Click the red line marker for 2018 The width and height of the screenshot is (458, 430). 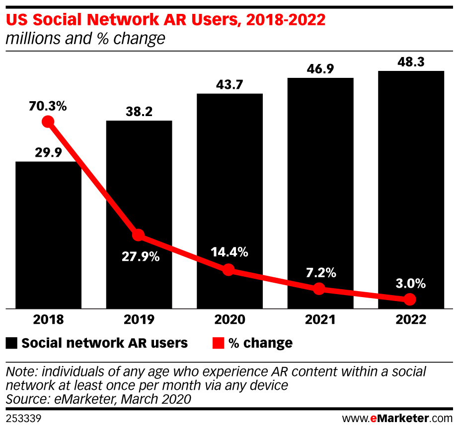[x=48, y=122]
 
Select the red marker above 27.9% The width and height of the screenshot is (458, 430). [x=138, y=235]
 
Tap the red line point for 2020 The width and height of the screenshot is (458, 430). [x=229, y=270]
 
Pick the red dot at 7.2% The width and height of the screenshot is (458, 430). [x=319, y=289]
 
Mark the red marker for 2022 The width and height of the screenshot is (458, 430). [x=409, y=299]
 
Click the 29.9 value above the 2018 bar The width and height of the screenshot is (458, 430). [x=48, y=153]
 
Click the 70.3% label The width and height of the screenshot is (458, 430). [x=48, y=106]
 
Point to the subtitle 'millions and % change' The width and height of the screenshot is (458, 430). [x=85, y=39]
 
